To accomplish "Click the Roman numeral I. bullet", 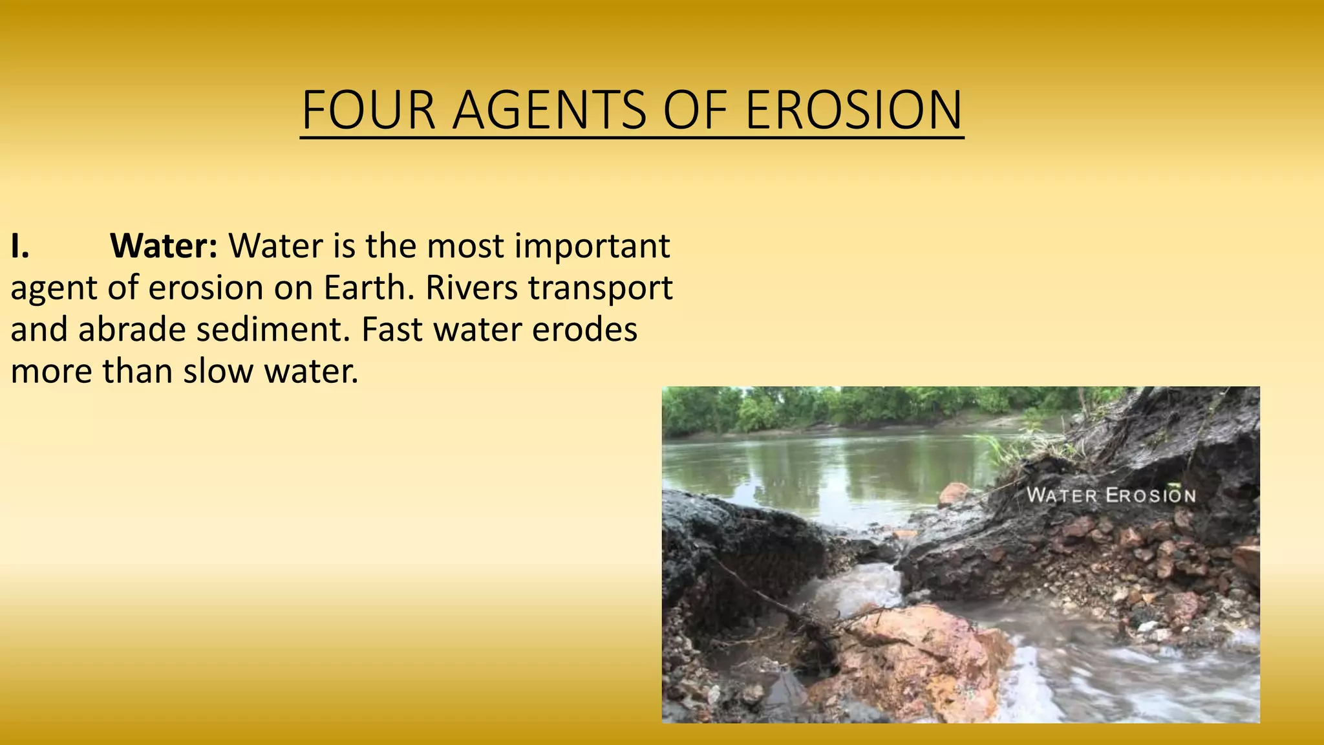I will (x=19, y=246).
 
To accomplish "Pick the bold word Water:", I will (x=164, y=246).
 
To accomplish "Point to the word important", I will (x=592, y=246).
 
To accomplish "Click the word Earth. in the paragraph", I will (x=368, y=288).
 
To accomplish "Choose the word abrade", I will (x=132, y=330).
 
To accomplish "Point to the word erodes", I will (x=584, y=330).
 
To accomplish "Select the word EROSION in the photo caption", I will (x=1151, y=496).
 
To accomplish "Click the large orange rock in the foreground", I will (x=918, y=660).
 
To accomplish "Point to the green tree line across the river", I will (x=840, y=407).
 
